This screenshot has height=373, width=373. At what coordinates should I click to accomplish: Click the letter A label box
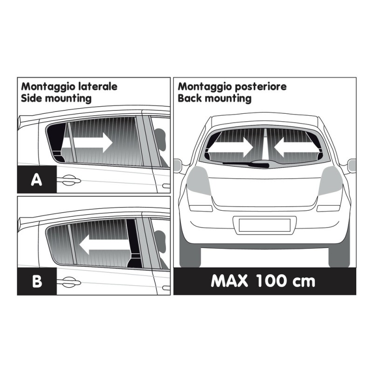(x=37, y=179)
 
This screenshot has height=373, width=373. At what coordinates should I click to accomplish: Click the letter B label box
(x=37, y=281)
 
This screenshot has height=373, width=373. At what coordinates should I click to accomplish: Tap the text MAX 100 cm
(x=263, y=281)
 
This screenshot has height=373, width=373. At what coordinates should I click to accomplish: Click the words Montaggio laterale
(x=69, y=87)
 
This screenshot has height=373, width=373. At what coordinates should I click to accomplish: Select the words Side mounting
(x=56, y=98)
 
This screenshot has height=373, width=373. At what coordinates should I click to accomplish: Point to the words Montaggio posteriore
(x=232, y=87)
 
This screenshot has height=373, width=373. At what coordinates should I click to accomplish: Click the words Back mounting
(x=214, y=98)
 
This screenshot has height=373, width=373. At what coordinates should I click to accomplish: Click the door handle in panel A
(x=68, y=178)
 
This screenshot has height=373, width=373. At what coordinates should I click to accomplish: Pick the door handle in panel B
(x=68, y=280)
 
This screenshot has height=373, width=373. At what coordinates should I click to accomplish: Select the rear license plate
(x=264, y=225)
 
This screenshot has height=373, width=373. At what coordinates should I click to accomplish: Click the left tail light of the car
(x=194, y=180)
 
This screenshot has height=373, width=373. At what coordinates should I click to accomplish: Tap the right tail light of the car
(x=333, y=180)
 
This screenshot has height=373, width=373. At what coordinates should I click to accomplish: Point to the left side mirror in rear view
(x=177, y=166)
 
